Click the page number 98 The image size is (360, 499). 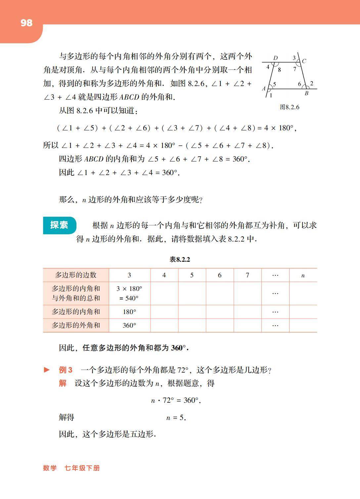26,23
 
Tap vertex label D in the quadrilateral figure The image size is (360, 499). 275,58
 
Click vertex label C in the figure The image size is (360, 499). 304,61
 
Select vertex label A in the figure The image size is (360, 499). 264,88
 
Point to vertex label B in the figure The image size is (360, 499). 306,93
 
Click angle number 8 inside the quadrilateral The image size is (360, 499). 279,69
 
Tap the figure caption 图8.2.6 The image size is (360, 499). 289,107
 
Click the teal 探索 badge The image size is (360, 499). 59,225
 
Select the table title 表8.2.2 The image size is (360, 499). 180,259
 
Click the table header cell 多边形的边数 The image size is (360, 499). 76,275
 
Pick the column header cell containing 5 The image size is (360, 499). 192,275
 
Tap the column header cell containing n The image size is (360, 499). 303,275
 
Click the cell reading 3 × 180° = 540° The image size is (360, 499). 129,293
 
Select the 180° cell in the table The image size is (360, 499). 129,312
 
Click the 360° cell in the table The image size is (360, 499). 129,325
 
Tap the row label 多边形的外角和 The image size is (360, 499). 76,325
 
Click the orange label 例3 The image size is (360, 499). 66,370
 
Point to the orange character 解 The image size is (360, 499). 63,383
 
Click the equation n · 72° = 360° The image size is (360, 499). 176,400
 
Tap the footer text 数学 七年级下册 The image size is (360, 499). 71,468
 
